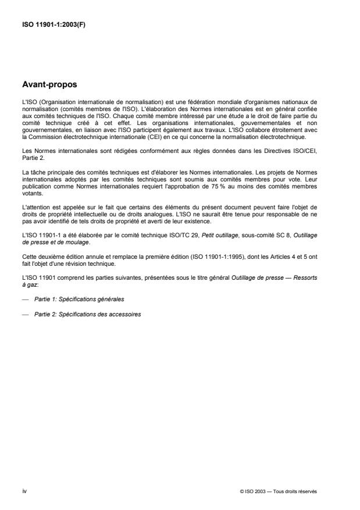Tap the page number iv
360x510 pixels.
pos(23,491)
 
